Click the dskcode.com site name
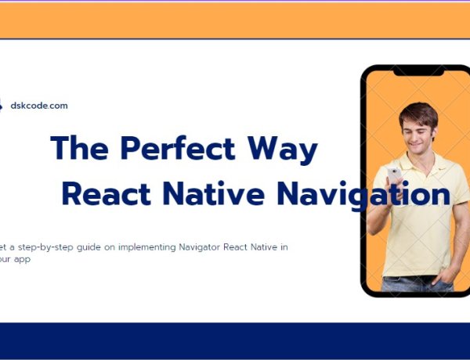(39, 106)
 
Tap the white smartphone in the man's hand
(393, 175)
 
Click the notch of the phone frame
(418, 71)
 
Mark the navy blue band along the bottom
(235, 340)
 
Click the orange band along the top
(235, 20)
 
